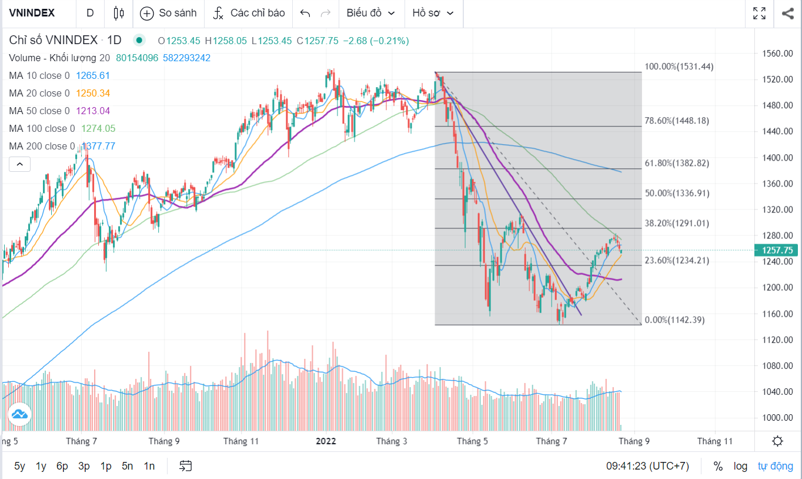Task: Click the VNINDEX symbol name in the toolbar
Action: (x=32, y=13)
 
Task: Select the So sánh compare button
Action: (x=169, y=13)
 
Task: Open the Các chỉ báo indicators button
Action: (x=249, y=13)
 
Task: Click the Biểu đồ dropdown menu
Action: (x=370, y=13)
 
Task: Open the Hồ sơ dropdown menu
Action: (x=433, y=13)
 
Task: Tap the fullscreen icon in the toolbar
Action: (x=759, y=13)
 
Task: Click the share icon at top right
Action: (x=788, y=13)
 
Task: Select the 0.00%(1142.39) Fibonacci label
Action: (x=674, y=320)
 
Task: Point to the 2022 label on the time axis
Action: (x=326, y=441)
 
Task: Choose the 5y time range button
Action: (x=19, y=466)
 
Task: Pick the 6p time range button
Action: (x=62, y=466)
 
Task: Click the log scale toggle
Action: (x=740, y=466)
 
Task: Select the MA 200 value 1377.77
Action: (x=98, y=146)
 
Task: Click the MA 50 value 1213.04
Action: (x=93, y=111)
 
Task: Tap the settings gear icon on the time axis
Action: (x=778, y=441)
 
